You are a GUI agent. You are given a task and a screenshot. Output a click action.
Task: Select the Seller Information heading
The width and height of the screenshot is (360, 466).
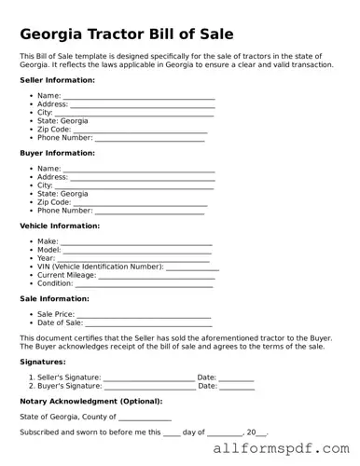(x=57, y=80)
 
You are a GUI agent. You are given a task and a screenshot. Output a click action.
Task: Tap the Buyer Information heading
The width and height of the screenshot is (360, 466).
(x=57, y=153)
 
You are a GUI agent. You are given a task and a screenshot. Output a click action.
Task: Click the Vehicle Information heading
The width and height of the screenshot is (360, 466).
(x=60, y=226)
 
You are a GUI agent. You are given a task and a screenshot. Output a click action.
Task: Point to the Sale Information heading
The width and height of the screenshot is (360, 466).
(x=54, y=298)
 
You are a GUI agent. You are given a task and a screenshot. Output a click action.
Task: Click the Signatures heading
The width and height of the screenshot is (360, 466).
(x=43, y=361)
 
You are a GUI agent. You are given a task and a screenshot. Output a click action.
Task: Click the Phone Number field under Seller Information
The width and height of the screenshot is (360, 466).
(x=149, y=140)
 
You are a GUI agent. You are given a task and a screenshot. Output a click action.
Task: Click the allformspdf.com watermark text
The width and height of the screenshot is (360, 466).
(x=285, y=449)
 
